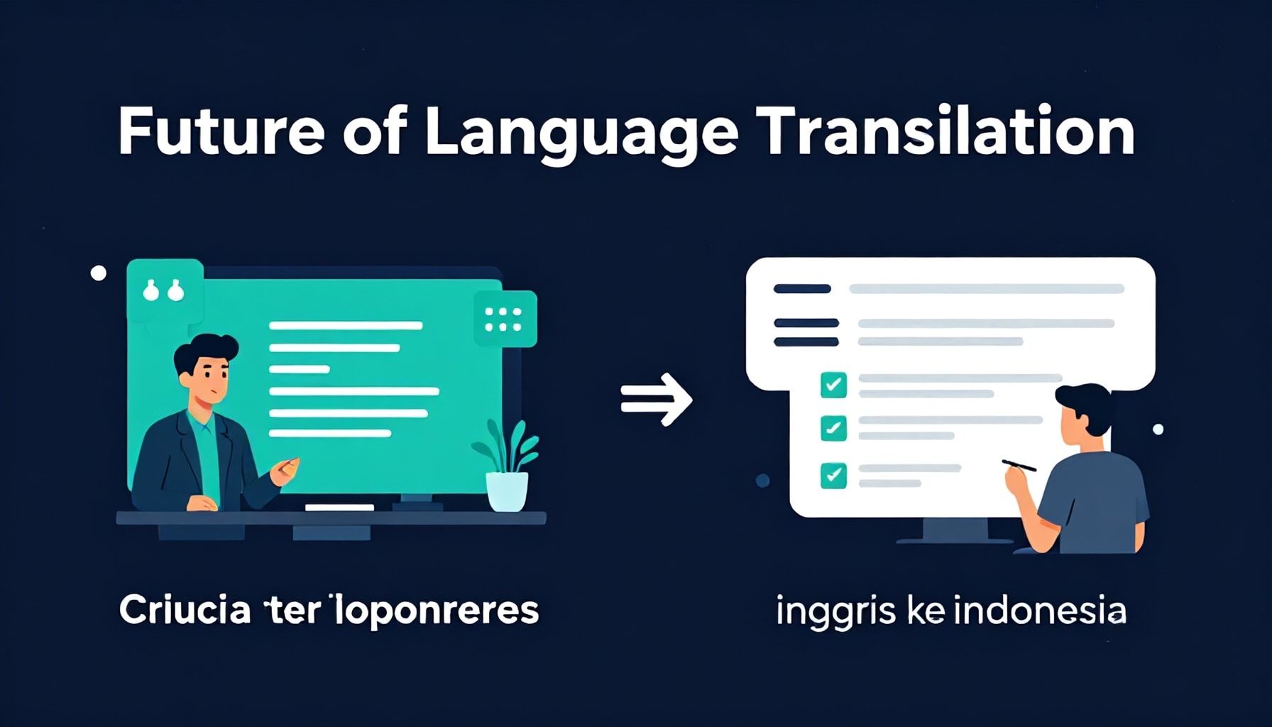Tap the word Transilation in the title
[945, 132]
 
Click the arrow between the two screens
[657, 399]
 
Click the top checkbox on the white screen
[833, 385]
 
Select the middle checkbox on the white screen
[833, 428]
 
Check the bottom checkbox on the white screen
[833, 475]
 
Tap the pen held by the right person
[1019, 466]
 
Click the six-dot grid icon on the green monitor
[503, 319]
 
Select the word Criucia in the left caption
[185, 611]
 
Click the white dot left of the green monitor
[99, 273]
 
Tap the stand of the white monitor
[955, 530]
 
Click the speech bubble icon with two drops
[163, 290]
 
